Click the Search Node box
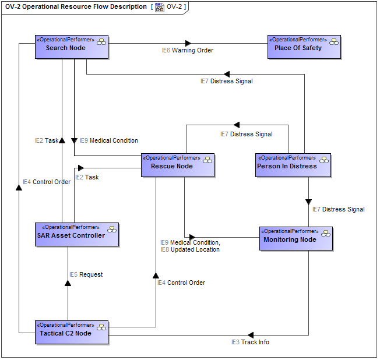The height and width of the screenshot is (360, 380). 72,47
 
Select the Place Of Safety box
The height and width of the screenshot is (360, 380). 304,47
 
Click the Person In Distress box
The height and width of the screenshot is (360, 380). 293,165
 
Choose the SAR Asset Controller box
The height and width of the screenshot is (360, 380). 77,235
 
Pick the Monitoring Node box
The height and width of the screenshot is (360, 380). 295,239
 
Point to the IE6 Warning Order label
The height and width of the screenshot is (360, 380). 188,51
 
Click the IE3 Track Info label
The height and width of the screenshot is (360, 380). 250,343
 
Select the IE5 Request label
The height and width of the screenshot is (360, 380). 86,275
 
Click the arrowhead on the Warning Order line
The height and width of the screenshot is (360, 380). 188,43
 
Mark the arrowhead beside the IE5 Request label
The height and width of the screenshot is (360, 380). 68,283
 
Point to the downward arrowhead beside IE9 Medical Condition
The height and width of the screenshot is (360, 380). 74,140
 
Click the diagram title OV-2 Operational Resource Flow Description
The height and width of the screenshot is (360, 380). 76,7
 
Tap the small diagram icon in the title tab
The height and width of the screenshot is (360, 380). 159,8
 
